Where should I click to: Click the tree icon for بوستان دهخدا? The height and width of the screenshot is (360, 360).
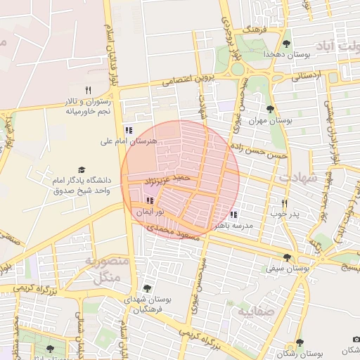286,42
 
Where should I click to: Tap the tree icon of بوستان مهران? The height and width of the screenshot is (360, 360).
270,108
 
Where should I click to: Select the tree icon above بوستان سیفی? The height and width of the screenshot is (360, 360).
287,257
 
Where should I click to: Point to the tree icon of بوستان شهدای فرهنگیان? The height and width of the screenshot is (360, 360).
146,288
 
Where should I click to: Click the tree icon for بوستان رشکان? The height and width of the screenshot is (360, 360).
300,342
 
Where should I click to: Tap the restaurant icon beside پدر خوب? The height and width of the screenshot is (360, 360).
284,202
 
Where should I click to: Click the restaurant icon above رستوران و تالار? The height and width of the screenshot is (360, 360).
88,90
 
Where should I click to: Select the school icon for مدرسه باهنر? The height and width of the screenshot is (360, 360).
233,215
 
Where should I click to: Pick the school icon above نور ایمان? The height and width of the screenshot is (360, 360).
149,201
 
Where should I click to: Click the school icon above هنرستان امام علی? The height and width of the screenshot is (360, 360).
129,130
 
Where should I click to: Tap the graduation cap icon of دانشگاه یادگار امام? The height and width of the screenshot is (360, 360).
81,170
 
